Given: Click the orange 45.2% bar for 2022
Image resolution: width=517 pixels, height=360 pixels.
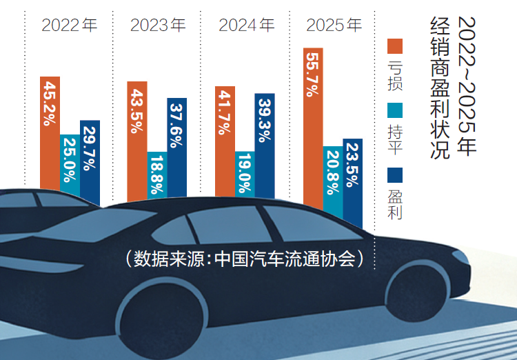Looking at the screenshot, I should point(50,131).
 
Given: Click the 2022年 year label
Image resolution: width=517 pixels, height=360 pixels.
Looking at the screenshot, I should point(70,26).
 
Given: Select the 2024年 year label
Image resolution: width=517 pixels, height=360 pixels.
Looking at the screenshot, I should point(246,26).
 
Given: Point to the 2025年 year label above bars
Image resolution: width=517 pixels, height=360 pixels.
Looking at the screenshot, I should point(334,26).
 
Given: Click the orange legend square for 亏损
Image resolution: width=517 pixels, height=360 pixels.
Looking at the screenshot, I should point(394,46).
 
